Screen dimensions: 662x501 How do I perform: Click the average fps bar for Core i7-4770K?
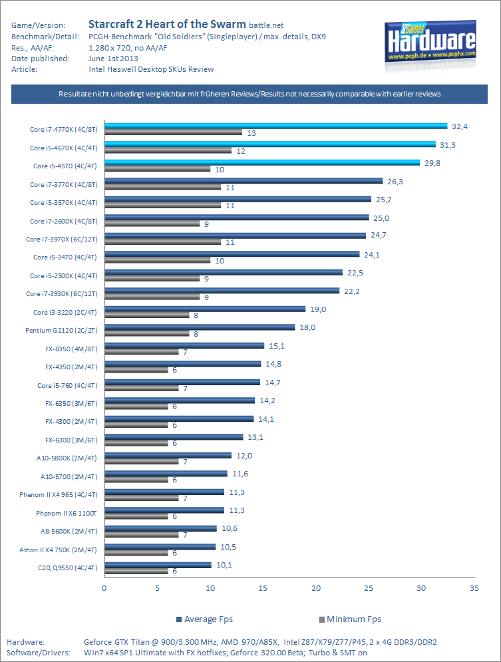(x=275, y=125)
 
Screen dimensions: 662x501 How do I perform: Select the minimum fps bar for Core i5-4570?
(x=157, y=169)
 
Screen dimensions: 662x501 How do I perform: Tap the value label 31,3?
(x=448, y=144)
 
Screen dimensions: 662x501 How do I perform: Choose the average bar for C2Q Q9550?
(x=158, y=565)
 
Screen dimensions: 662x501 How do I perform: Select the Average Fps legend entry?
(x=206, y=619)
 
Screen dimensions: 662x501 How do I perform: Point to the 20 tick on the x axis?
(x=315, y=588)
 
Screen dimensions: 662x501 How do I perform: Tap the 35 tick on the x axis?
(x=474, y=588)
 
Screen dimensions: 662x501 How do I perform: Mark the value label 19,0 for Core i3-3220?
(x=319, y=309)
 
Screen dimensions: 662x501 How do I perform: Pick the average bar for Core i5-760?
(x=182, y=382)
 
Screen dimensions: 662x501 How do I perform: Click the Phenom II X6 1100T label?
(x=67, y=513)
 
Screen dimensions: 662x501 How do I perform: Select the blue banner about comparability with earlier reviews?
(x=250, y=94)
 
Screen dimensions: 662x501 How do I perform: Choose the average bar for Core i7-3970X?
(x=235, y=235)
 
